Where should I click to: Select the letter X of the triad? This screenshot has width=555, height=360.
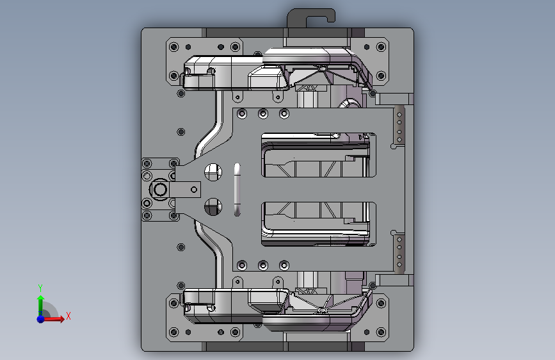pos(68,316)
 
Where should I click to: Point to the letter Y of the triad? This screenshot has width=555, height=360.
pos(40,288)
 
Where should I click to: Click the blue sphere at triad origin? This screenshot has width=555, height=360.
pos(41,319)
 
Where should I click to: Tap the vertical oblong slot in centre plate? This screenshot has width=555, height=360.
pos(237,190)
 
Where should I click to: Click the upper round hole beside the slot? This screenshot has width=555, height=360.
pos(213,172)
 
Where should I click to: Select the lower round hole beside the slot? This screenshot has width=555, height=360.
pos(213,206)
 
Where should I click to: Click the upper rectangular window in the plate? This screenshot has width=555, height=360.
pos(319,155)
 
